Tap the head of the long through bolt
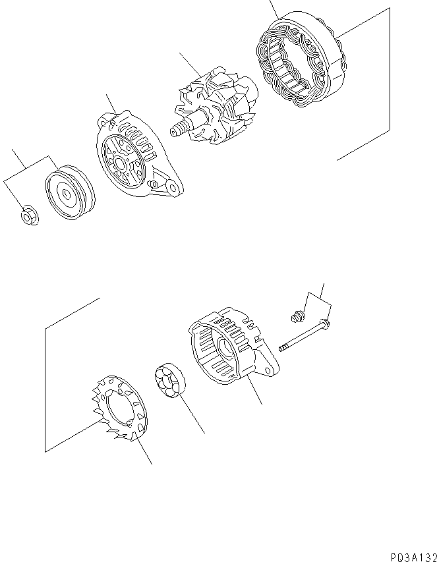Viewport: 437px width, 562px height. point(324,323)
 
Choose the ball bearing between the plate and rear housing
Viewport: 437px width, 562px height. point(170,382)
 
